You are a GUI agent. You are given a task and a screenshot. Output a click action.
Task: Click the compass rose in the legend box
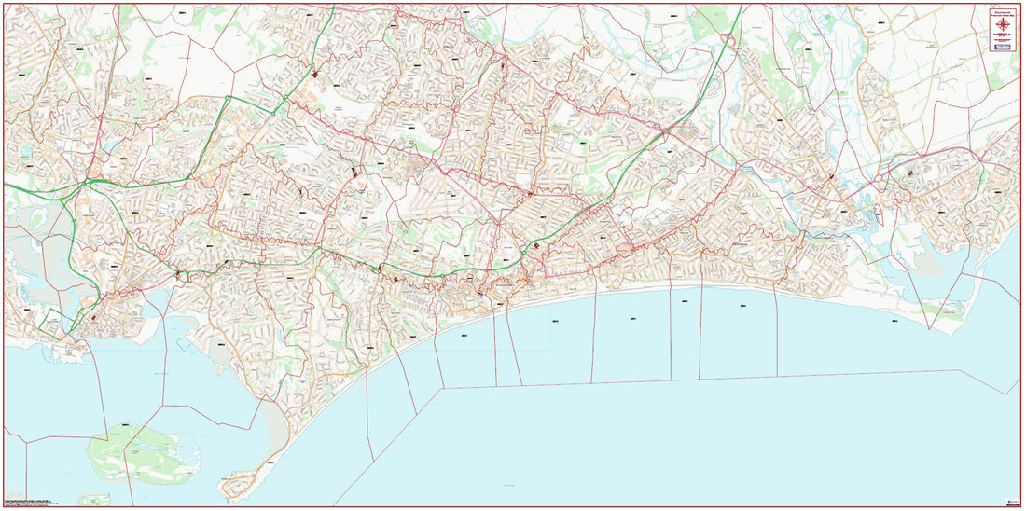point(1002,24)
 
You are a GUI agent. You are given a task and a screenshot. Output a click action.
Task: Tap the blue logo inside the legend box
point(1002,46)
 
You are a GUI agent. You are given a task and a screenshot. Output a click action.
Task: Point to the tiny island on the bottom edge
point(92,500)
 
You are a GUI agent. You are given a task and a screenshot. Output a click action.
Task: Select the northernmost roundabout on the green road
point(727,38)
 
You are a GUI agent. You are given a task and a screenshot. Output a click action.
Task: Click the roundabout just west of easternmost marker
point(880,177)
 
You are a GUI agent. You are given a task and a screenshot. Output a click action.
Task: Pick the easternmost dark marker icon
point(911,173)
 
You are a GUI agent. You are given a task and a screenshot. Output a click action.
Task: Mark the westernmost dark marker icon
point(93,317)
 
